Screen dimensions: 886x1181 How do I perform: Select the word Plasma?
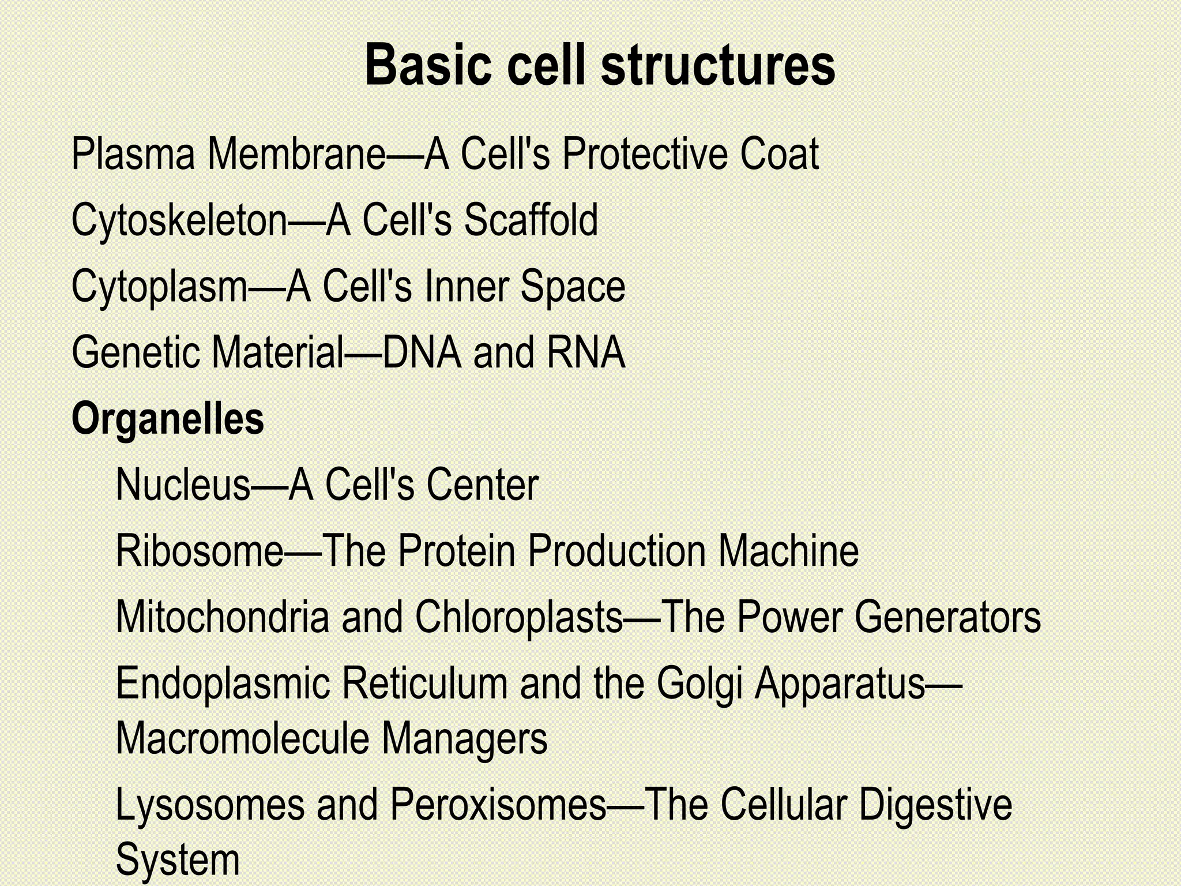(x=133, y=154)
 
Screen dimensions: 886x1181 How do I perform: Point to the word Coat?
(x=779, y=154)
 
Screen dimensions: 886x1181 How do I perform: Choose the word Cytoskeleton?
(x=179, y=221)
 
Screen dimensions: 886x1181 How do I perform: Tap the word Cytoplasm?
(x=159, y=287)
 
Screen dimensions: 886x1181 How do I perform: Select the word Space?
(x=573, y=287)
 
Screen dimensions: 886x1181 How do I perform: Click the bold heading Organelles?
(x=168, y=419)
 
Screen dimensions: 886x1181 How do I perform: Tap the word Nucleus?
(x=183, y=485)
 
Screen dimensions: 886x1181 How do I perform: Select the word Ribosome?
(x=200, y=551)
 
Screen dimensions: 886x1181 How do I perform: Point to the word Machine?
(x=788, y=551)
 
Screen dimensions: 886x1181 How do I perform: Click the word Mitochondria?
(x=223, y=617)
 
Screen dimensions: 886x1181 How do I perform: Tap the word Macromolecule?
(x=242, y=739)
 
